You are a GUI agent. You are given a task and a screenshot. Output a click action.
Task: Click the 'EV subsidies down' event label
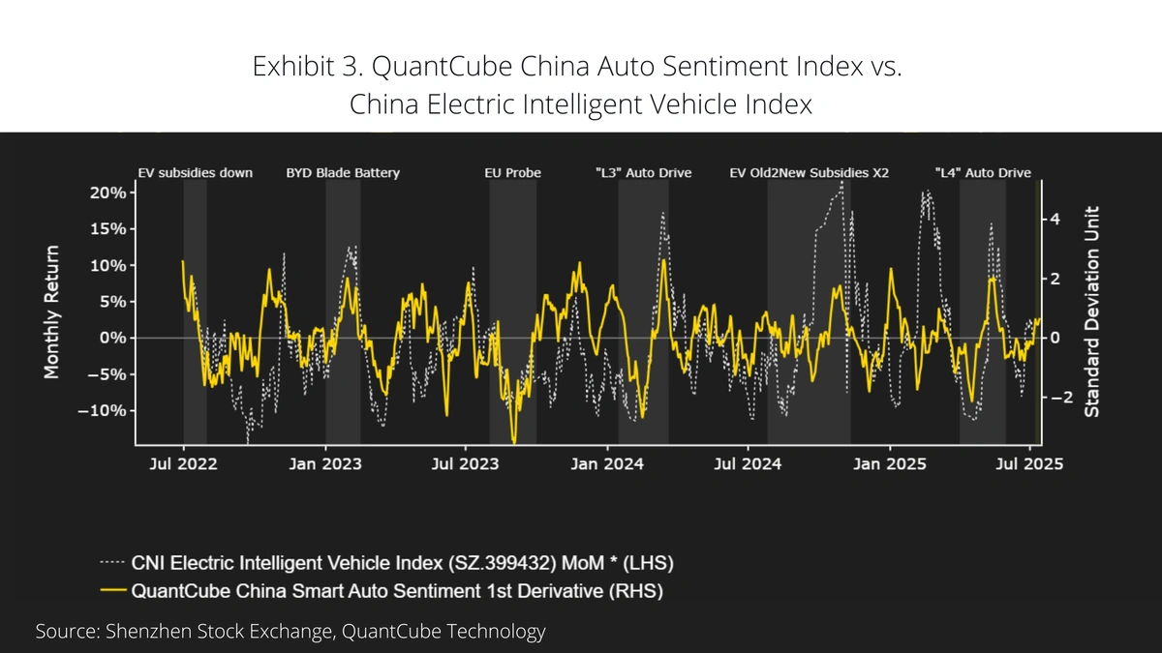coord(195,173)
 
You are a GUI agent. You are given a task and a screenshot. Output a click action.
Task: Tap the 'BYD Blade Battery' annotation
coord(343,173)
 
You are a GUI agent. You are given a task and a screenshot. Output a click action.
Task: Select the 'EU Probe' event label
coord(512,173)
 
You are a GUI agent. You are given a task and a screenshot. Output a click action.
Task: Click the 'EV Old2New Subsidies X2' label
coord(809,173)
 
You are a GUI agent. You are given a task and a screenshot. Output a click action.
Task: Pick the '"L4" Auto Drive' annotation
coord(982,173)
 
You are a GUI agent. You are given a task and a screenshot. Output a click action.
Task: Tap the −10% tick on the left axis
coord(103,410)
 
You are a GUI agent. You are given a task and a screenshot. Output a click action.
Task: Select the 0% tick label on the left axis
coord(111,338)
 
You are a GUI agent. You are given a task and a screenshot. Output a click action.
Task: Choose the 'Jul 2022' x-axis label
coord(184,464)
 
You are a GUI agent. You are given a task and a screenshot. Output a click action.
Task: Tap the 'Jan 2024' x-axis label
coord(607,464)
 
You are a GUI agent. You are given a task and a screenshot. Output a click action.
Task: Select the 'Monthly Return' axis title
coord(51,312)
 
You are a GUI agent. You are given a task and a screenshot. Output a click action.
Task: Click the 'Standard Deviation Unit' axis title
coord(1091,314)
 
